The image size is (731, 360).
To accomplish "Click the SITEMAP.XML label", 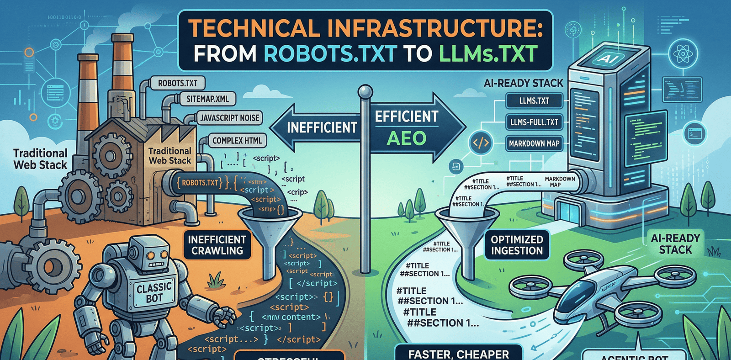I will coord(207,99).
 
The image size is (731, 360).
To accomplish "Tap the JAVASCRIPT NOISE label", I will coord(229,118).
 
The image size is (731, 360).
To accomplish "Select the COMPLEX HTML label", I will coord(237,141).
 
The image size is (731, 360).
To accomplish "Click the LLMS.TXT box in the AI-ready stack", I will coord(534,101).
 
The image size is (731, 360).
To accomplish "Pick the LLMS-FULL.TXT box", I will coord(534,122).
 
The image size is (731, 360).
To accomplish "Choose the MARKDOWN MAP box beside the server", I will coord(534,143).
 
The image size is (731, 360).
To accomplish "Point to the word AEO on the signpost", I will coord(406,138).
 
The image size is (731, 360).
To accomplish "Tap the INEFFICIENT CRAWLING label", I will coord(217,245).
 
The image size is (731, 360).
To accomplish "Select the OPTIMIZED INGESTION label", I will coord(517,245).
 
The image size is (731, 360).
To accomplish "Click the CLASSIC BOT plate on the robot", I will coord(154,293).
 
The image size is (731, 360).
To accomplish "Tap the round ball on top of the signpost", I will coord(365,91).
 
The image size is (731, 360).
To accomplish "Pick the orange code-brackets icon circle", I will coord(481,143).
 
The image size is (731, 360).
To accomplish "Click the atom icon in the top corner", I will coord(683,54).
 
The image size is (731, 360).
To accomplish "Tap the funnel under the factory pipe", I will coord(270,228).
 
